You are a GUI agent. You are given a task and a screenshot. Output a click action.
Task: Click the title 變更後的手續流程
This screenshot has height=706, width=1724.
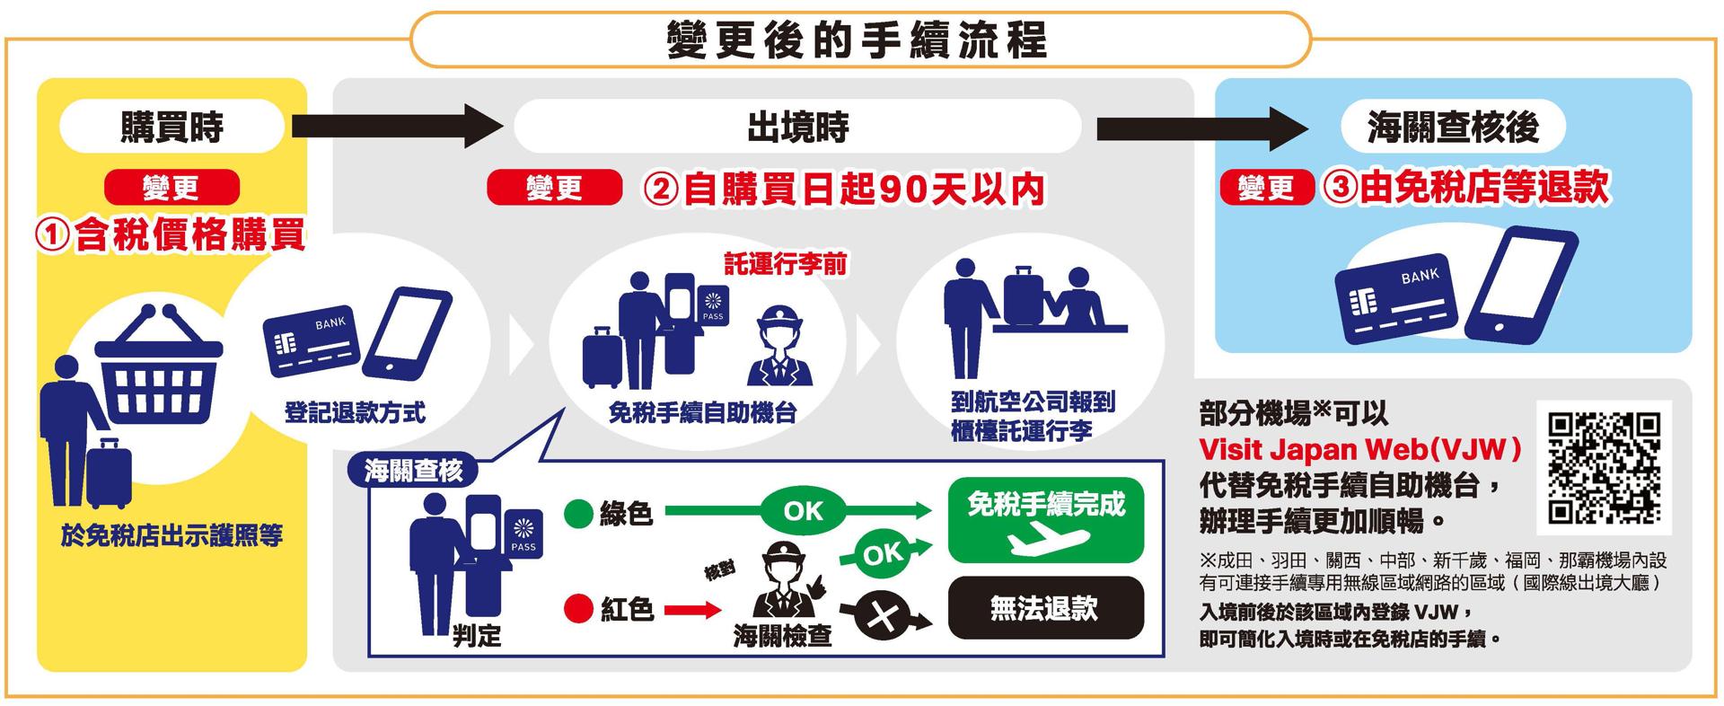click(858, 40)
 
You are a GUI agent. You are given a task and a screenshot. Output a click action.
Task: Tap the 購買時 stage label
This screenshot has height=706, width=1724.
click(172, 127)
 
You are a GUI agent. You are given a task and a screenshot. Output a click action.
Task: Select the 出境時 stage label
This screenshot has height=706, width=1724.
click(797, 127)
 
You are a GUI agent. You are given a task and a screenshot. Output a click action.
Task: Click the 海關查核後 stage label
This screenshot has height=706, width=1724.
click(1453, 127)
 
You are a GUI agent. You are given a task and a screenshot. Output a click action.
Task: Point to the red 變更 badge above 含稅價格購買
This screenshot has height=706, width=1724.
click(172, 188)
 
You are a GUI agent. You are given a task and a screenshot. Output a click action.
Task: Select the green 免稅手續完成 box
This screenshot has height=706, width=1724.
click(1046, 521)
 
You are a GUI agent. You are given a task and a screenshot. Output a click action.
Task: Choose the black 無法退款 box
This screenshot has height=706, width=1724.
click(1046, 608)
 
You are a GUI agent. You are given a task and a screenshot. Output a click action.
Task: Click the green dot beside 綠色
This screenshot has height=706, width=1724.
click(578, 515)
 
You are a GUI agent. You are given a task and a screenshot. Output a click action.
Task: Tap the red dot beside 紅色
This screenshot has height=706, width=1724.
click(578, 610)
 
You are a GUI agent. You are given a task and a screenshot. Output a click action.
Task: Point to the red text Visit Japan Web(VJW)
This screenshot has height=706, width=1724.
click(1361, 449)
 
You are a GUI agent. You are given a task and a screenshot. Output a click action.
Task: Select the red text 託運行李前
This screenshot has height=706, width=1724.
click(786, 264)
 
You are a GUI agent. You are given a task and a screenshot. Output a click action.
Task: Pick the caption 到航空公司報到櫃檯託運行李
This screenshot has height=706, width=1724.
click(1033, 416)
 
